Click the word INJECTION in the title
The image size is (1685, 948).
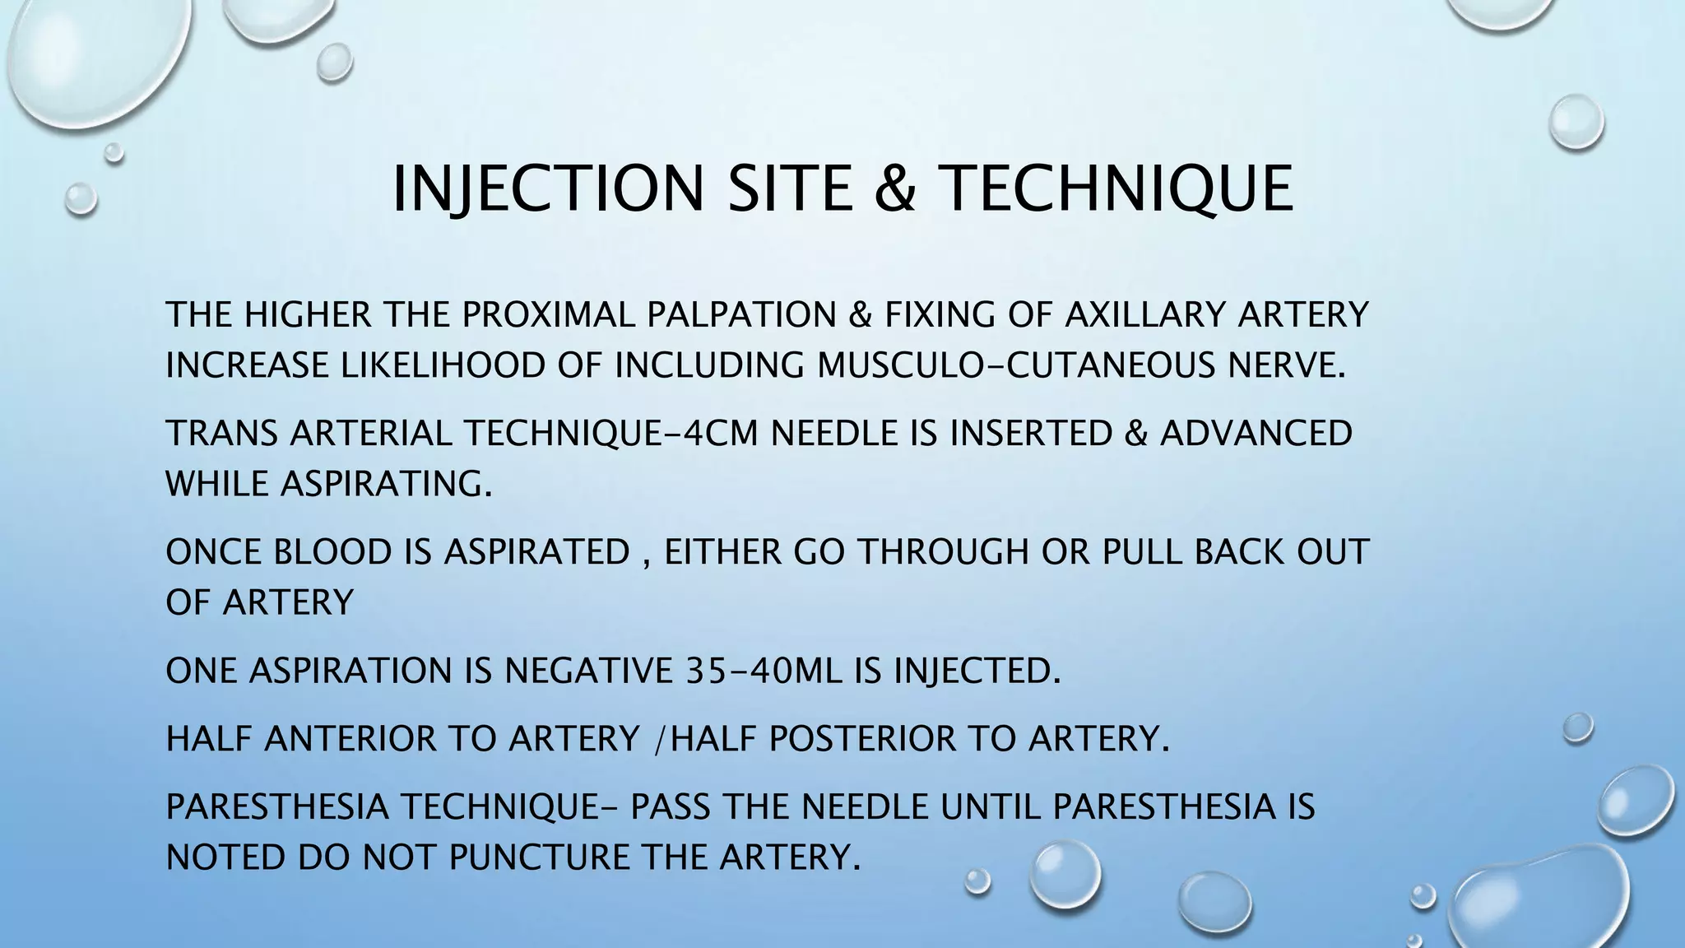[x=547, y=188]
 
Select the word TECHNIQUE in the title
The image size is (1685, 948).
[x=1115, y=188]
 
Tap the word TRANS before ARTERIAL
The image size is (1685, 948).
[x=221, y=434]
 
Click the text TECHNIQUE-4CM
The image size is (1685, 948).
[x=614, y=434]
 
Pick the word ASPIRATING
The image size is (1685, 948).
[x=386, y=484]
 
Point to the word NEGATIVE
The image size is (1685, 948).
[x=589, y=671]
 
